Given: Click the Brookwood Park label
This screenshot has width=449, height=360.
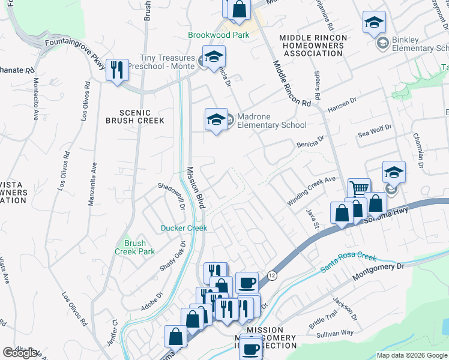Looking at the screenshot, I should tap(218, 35).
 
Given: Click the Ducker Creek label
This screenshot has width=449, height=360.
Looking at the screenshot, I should tap(184, 228).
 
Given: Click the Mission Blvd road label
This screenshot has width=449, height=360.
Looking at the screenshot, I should tap(196, 187).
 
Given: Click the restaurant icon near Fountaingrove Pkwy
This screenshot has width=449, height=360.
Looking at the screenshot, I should tap(117, 70).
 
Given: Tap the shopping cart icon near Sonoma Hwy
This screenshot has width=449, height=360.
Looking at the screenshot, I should tap(358, 188).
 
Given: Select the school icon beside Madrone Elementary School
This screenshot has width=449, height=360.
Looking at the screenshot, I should tap(215, 119).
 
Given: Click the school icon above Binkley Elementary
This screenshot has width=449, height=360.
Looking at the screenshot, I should tap(374, 22).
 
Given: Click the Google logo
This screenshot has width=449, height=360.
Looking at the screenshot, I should tap(20, 353).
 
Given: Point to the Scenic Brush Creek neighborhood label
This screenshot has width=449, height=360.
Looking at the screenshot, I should tap(142, 116).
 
